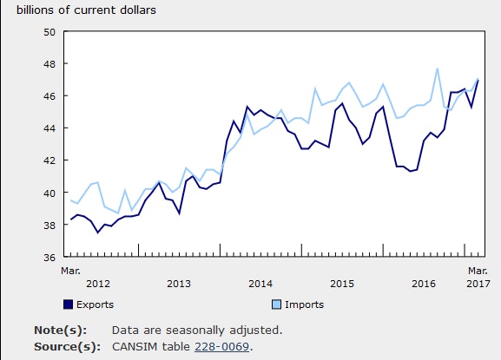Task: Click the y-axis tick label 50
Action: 49,31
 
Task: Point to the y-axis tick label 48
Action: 49,63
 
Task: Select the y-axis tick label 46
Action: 49,95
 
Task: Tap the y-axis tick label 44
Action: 49,128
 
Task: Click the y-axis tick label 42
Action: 49,160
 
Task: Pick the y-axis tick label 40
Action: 49,193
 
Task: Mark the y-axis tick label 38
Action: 49,225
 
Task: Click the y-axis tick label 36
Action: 49,257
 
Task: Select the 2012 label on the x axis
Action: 98,284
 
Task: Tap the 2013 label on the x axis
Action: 179,284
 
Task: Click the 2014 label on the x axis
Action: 260,284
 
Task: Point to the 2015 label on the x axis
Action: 342,284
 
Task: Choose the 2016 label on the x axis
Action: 424,284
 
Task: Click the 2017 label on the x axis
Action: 478,284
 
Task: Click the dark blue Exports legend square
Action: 68,304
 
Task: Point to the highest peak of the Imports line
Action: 438,69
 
